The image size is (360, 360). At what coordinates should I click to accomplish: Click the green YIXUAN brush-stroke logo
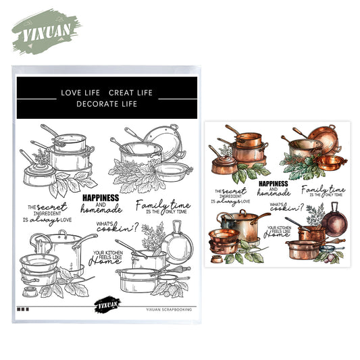(x=44, y=30)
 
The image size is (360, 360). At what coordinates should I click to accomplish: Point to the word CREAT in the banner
(x=123, y=92)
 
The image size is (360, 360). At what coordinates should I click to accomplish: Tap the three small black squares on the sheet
(x=24, y=309)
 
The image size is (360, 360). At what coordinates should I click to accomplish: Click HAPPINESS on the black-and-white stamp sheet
(x=99, y=197)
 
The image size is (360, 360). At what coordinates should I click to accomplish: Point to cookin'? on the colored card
(x=288, y=209)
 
